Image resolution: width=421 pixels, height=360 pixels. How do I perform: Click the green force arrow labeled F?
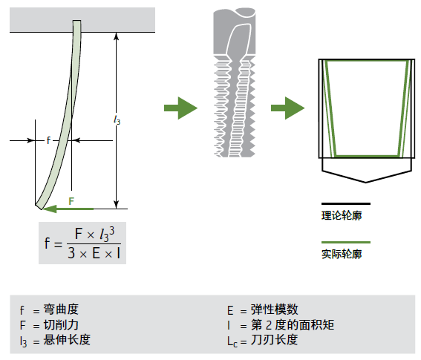tap(68, 209)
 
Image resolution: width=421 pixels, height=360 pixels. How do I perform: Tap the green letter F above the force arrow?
tap(71, 201)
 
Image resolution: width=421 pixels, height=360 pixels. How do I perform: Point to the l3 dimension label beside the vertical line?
tap(117, 120)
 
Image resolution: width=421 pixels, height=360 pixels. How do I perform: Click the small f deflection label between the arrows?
tap(48, 140)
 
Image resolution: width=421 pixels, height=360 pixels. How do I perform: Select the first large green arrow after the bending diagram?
tap(180, 108)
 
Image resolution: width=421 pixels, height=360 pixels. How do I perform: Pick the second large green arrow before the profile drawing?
tap(287, 108)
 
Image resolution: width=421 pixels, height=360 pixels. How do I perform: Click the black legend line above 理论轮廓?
tap(346, 204)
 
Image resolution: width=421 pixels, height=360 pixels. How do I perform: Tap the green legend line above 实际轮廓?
tap(346, 242)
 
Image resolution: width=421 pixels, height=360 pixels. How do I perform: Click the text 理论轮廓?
tap(342, 215)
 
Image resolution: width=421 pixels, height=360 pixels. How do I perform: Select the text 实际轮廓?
tap(342, 254)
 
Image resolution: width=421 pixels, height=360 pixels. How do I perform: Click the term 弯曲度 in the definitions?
tap(61, 310)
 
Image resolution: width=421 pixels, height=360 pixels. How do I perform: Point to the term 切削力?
tap(61, 325)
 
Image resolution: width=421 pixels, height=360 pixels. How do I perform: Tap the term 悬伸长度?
tap(67, 340)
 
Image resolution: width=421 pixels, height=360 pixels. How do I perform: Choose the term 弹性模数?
tap(275, 310)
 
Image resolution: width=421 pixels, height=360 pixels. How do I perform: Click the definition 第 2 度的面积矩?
tap(293, 325)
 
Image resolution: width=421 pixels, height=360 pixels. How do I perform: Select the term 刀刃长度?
tap(275, 340)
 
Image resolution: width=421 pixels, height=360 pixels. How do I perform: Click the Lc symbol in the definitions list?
tap(232, 342)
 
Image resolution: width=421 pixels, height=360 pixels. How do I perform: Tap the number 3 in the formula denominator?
tap(71, 253)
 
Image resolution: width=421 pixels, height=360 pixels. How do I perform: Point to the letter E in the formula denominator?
tap(96, 253)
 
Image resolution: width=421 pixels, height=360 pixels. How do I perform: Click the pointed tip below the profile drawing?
tap(366, 183)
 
